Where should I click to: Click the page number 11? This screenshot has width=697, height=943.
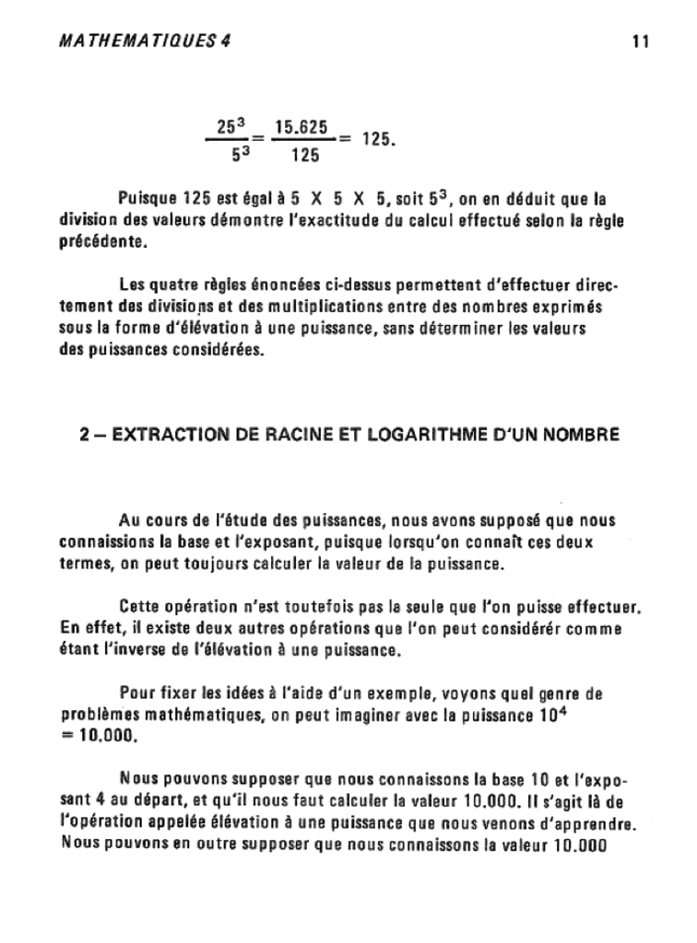click(x=642, y=41)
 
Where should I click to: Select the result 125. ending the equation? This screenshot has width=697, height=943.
click(x=378, y=140)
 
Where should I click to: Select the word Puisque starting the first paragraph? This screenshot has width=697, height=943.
click(x=147, y=198)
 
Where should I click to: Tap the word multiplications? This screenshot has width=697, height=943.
click(x=340, y=307)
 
